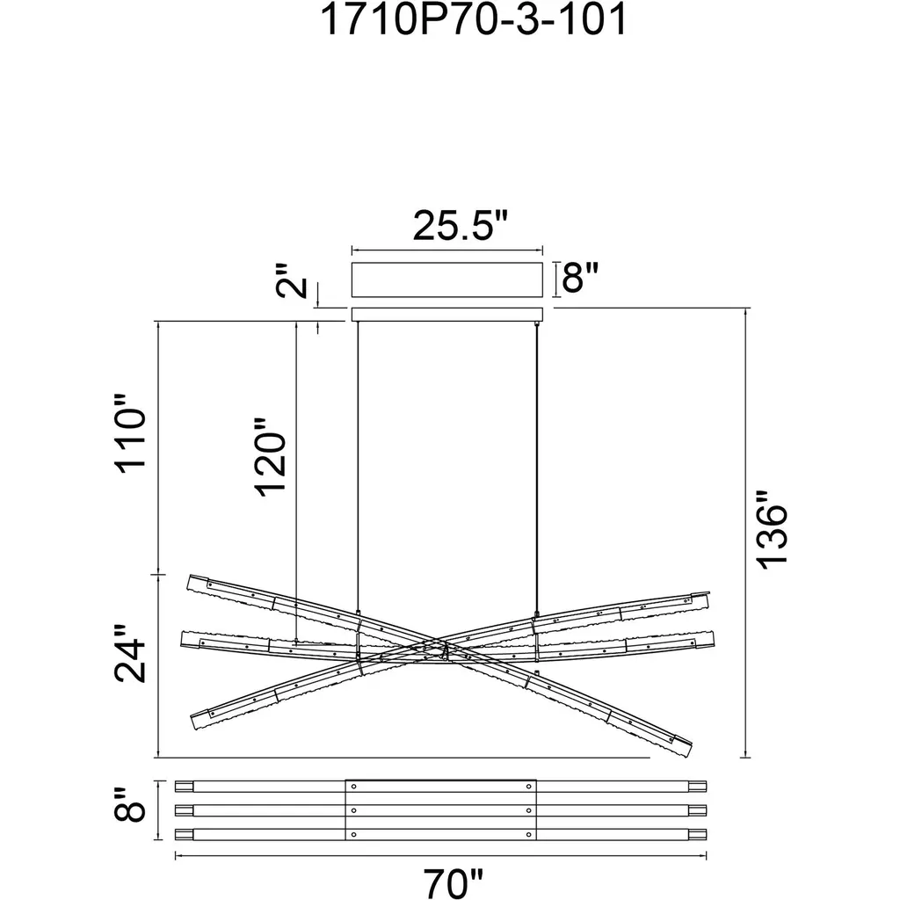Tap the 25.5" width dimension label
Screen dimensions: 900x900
(461, 226)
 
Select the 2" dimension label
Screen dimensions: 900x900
(292, 281)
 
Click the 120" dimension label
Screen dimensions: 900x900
(270, 457)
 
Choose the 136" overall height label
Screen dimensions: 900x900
(771, 530)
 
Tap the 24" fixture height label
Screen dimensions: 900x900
(131, 654)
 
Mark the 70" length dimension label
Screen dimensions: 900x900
(454, 883)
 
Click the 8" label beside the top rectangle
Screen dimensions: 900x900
(580, 278)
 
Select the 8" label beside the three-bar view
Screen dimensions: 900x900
(130, 804)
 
